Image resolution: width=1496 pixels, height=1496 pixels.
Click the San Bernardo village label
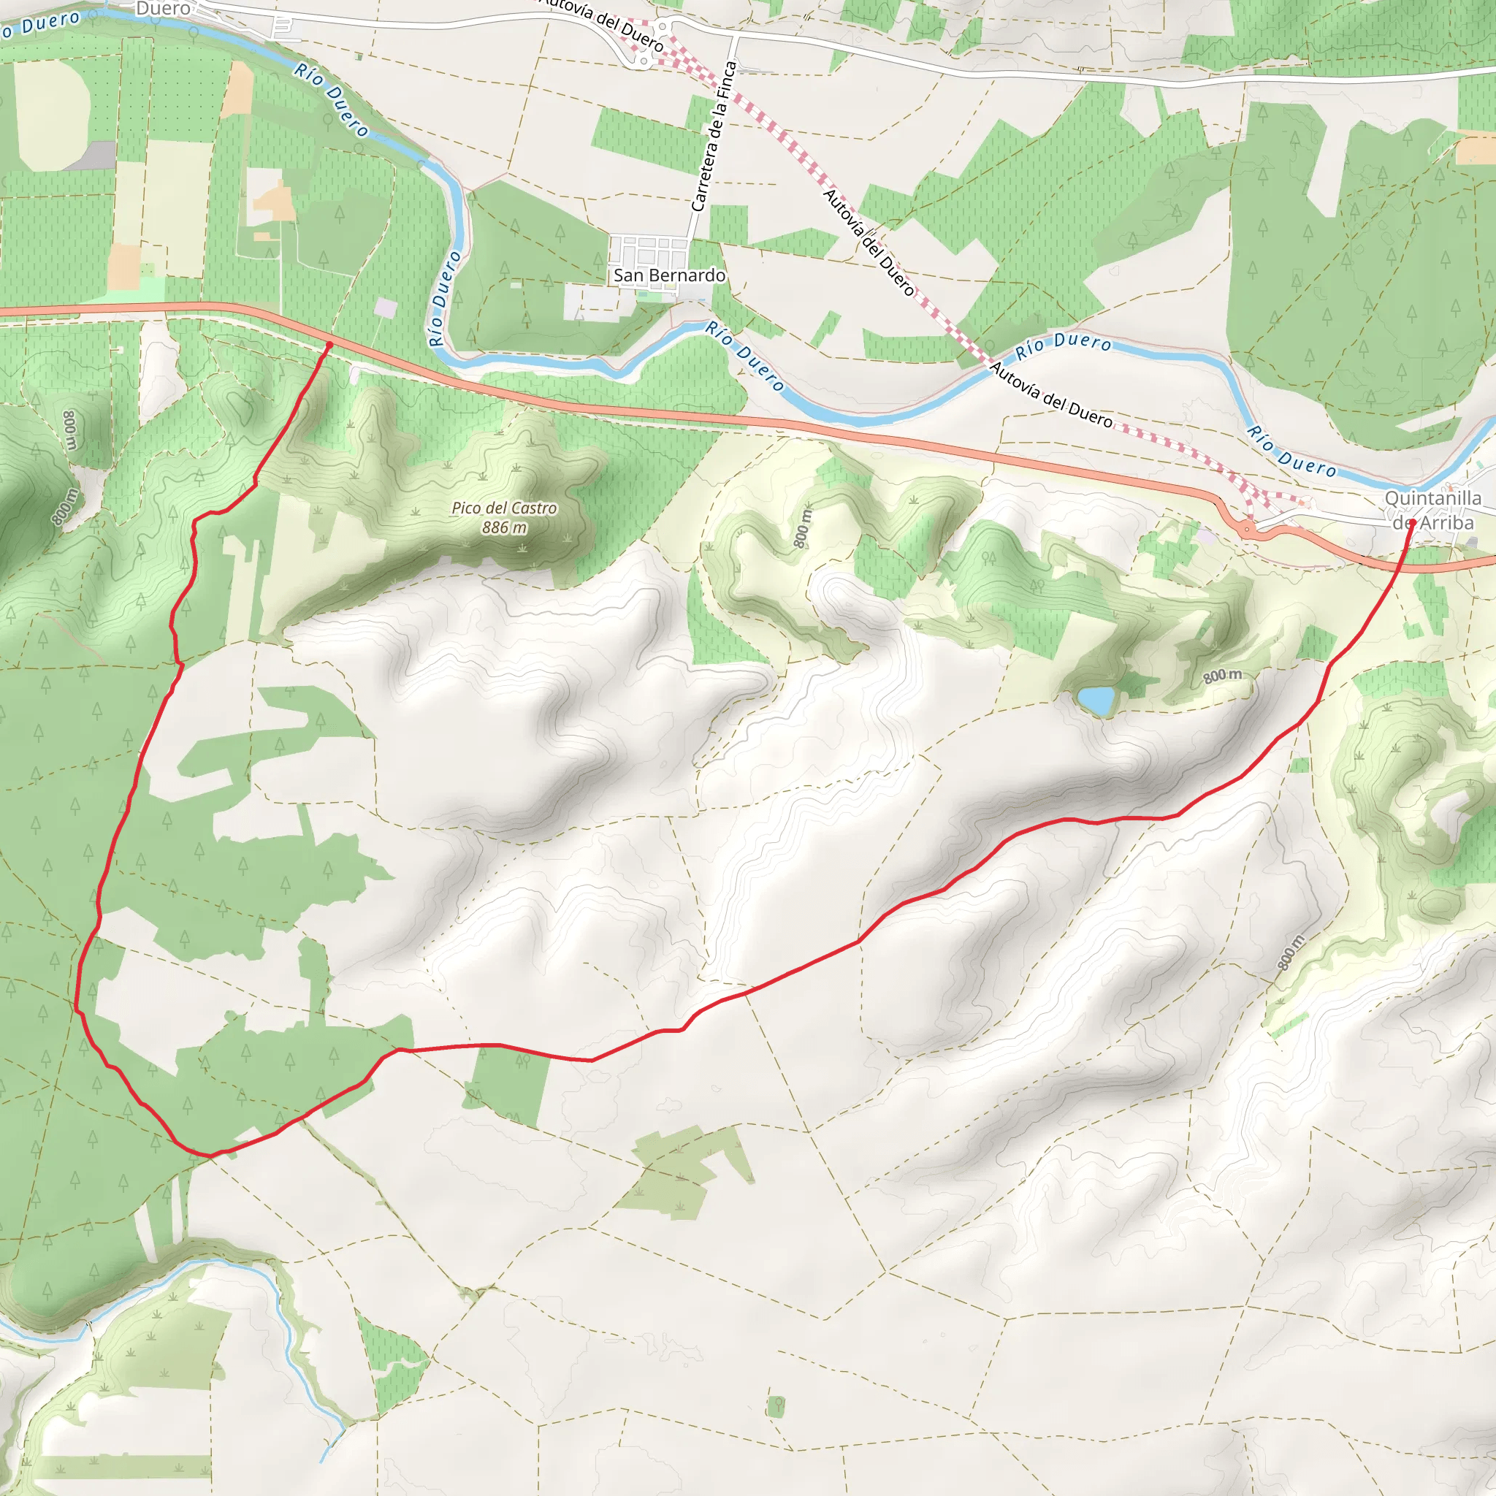669,275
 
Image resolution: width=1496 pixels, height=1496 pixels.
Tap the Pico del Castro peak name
504,508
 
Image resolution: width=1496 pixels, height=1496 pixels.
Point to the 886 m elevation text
504,527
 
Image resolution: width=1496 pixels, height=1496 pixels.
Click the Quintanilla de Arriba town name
1432,511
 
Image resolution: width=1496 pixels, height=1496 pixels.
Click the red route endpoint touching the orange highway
330,345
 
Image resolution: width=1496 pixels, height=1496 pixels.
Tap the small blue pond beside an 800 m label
1096,700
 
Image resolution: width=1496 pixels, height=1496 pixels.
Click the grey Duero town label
163,9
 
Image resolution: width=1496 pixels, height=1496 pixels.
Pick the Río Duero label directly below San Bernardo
744,356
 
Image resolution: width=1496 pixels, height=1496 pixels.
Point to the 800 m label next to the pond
1223,675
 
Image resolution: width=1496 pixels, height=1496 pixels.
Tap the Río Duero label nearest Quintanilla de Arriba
1291,451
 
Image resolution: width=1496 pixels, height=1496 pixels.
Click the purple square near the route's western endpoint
385,308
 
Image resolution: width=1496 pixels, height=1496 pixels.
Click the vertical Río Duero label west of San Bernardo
444,298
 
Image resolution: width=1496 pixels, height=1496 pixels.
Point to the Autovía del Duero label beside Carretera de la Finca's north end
603,23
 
